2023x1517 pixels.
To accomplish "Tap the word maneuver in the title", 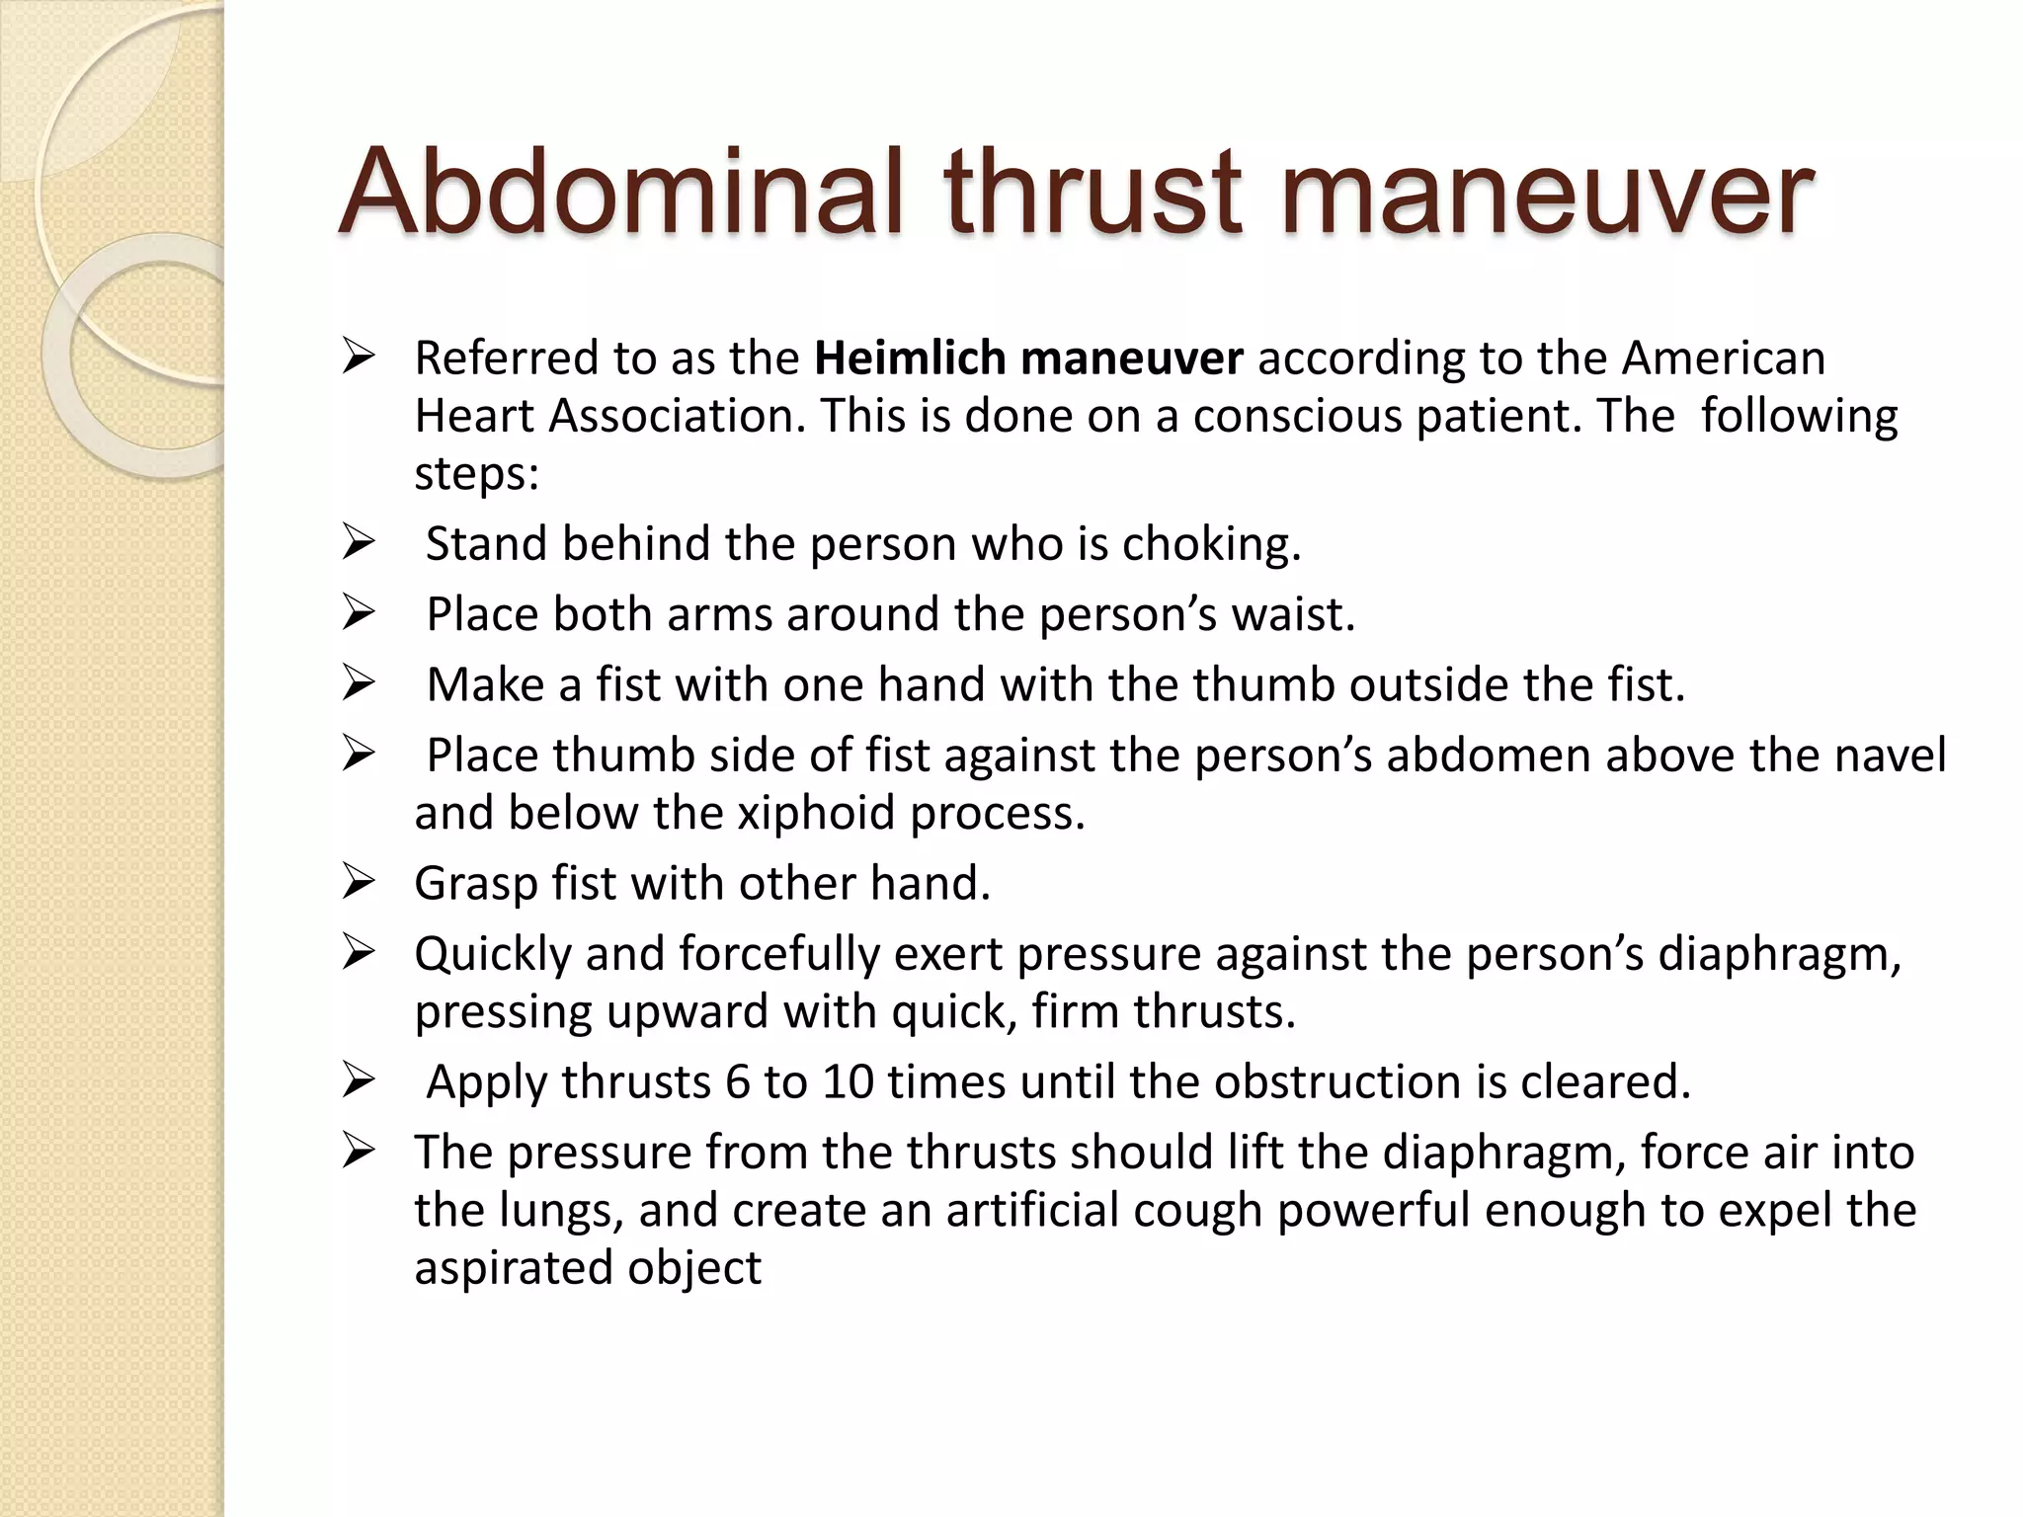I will [1546, 192].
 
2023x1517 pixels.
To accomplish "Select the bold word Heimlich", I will [910, 358].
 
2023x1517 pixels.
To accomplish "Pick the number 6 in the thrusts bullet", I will [738, 1081].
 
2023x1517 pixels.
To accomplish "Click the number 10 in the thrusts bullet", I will [848, 1081].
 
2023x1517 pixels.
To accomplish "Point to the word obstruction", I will [1337, 1081].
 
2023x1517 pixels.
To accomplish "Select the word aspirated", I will [513, 1268].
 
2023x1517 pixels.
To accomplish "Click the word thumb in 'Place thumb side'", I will [624, 756].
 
